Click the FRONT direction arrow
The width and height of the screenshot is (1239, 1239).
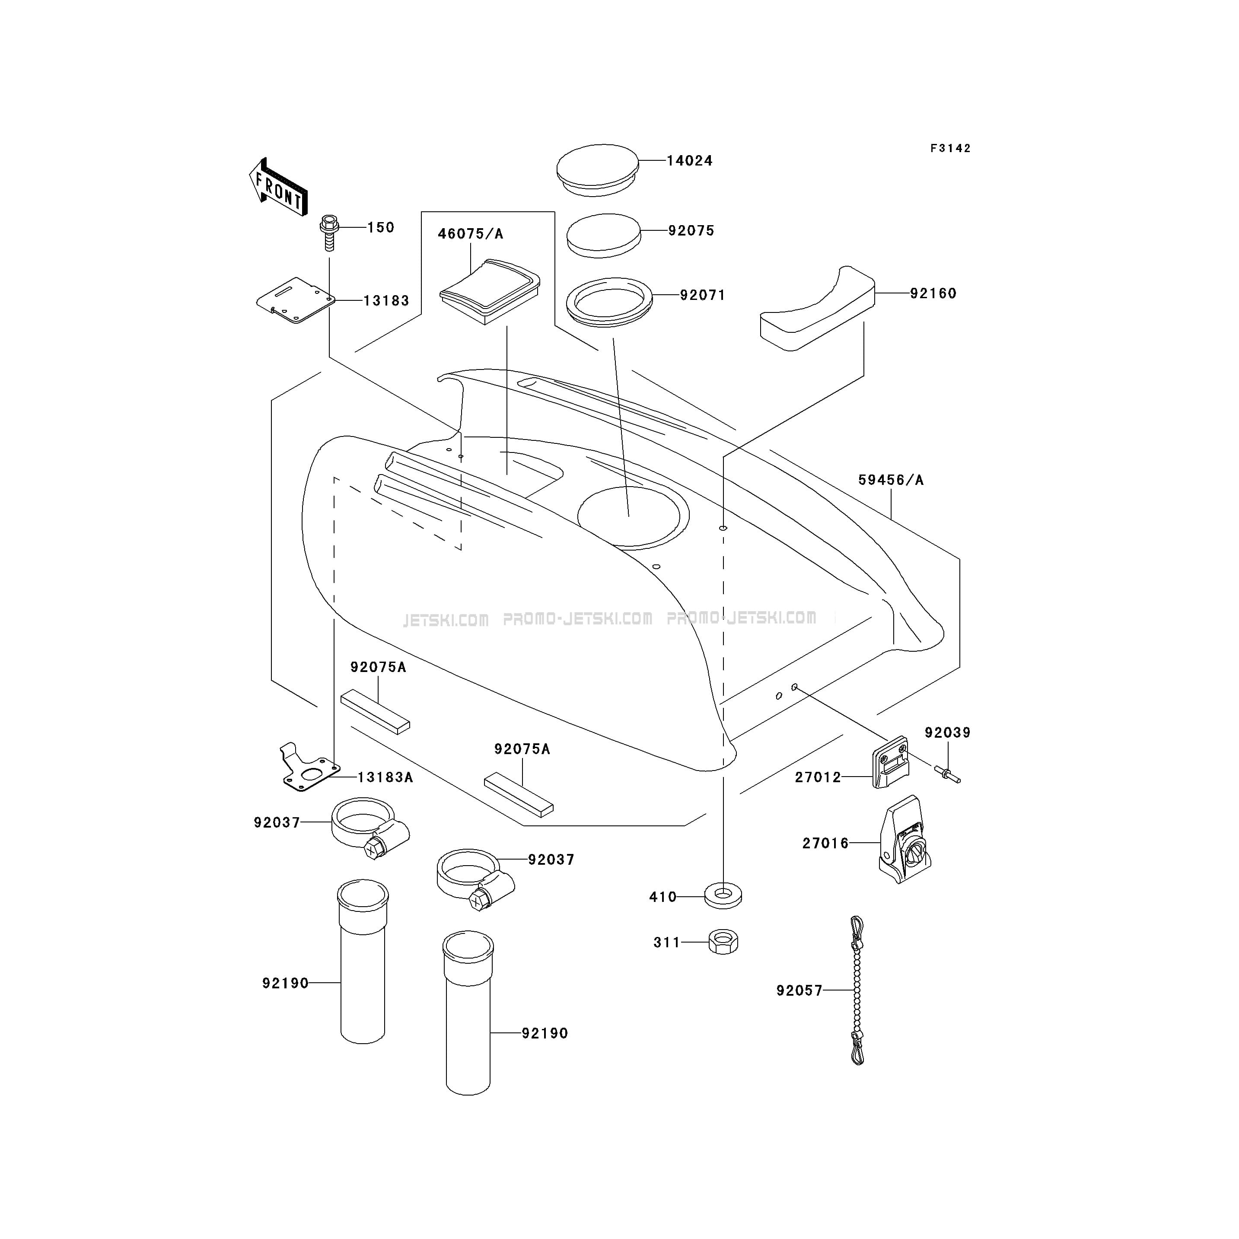coord(278,187)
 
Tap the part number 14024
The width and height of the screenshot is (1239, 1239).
coord(689,161)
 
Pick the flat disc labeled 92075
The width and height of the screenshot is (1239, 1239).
coord(603,236)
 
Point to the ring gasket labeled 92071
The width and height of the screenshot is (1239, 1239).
coord(609,301)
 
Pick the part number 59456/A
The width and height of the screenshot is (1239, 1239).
coord(891,480)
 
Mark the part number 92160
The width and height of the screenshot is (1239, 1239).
coord(933,294)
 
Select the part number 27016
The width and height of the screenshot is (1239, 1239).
coord(825,843)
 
